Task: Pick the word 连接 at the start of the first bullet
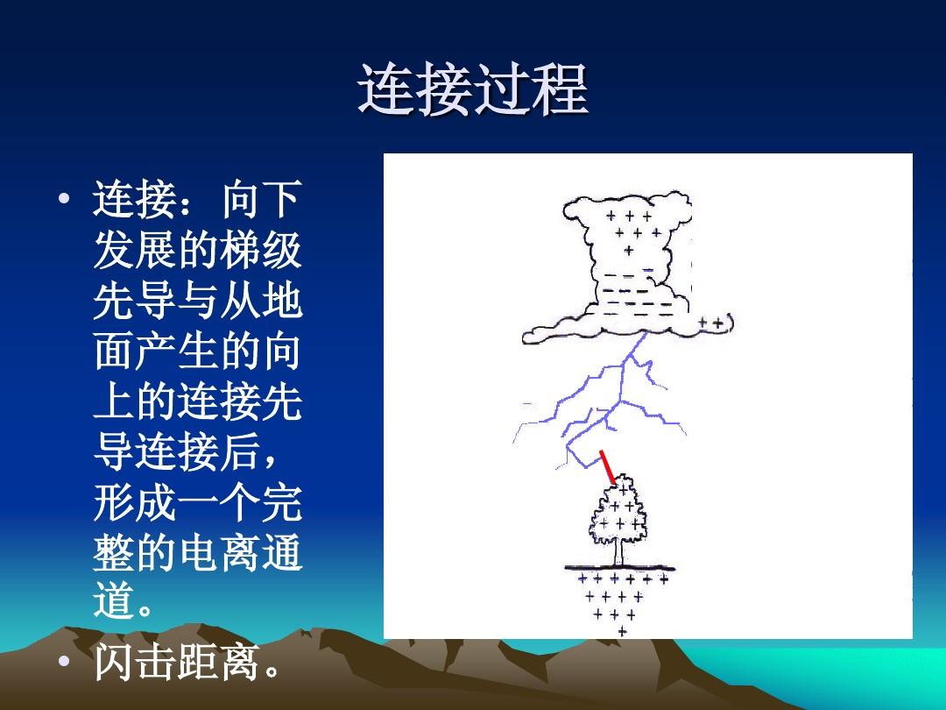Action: pyautogui.click(x=135, y=202)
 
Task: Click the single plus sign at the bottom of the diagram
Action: pyautogui.click(x=623, y=631)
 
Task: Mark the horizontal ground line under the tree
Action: pyautogui.click(x=623, y=567)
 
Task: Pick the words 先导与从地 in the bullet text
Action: pyautogui.click(x=197, y=302)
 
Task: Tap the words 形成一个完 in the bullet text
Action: pyautogui.click(x=197, y=505)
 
